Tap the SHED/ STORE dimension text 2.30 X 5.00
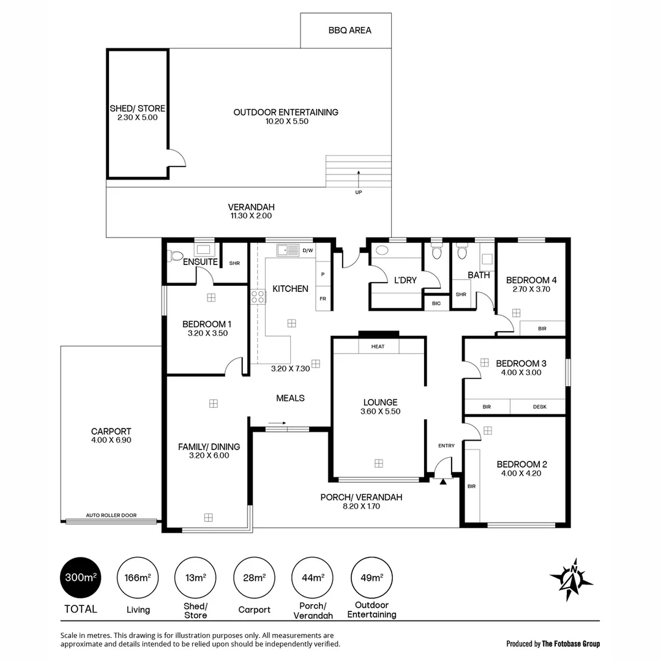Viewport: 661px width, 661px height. [x=138, y=117]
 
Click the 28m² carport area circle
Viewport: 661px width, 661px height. [x=254, y=577]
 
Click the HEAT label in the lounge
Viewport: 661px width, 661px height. [x=378, y=346]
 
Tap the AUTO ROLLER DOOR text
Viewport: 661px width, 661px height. [x=111, y=515]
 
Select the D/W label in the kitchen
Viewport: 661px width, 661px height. [x=308, y=250]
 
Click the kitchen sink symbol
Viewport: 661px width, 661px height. [x=286, y=250]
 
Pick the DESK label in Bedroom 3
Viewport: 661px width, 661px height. [x=539, y=406]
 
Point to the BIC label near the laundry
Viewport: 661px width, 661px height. [x=436, y=303]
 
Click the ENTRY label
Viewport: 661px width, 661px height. [x=446, y=446]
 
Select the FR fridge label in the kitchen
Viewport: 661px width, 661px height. [x=322, y=299]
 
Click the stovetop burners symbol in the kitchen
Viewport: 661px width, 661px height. [x=258, y=297]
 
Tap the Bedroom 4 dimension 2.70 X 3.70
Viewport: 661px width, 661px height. [x=531, y=289]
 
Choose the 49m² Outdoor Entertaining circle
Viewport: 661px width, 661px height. [x=372, y=577]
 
